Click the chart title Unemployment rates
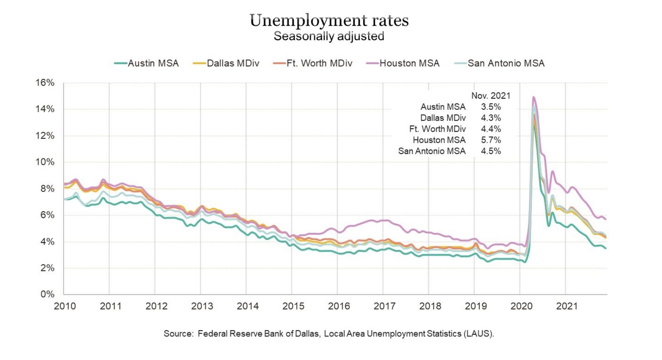point(329,20)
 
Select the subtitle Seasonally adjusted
point(329,36)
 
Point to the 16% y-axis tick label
point(45,83)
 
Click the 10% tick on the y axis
point(45,162)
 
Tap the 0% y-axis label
point(47,294)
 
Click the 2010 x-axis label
point(65,306)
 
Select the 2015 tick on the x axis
point(293,306)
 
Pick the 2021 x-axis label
point(567,306)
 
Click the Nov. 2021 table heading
point(490,96)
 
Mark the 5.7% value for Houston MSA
point(491,140)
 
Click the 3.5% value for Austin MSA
point(491,107)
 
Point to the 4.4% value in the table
point(491,129)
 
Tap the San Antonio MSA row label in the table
point(432,152)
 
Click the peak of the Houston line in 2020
point(533,97)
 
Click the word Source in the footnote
point(178,334)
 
